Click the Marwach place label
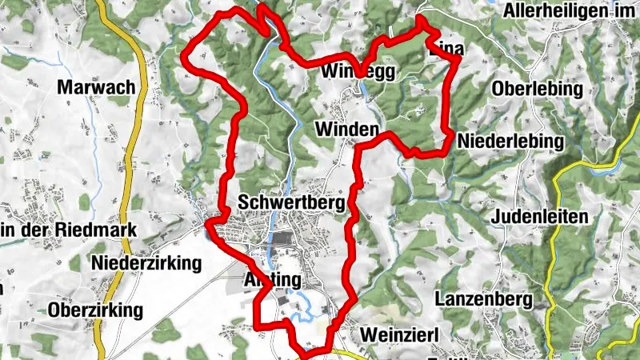(95, 88)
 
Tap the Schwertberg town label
(291, 203)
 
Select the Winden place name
(346, 129)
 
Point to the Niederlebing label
(510, 142)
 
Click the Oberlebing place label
(538, 89)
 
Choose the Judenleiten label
(541, 216)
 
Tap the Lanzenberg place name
(485, 299)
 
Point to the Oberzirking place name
(95, 309)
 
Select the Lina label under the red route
(446, 50)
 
